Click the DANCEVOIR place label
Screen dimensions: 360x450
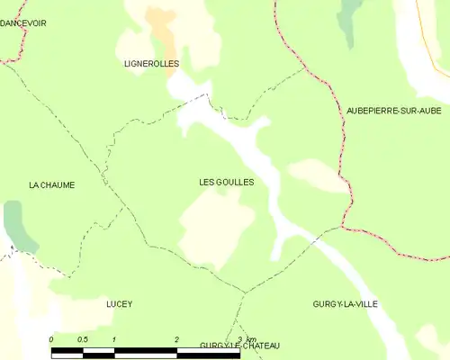(23, 22)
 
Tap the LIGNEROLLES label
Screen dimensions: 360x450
(151, 64)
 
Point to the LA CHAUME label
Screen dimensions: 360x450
(51, 184)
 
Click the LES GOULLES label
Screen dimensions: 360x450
(226, 182)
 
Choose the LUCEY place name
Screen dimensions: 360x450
(119, 304)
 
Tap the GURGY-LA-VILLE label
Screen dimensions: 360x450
(345, 304)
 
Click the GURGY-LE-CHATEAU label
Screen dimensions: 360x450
(239, 346)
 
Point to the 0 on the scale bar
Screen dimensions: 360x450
(51, 338)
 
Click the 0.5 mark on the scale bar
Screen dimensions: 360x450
(82, 338)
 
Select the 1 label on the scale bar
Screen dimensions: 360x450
(114, 338)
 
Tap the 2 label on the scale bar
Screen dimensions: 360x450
(177, 338)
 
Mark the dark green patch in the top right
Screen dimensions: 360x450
(347, 18)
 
